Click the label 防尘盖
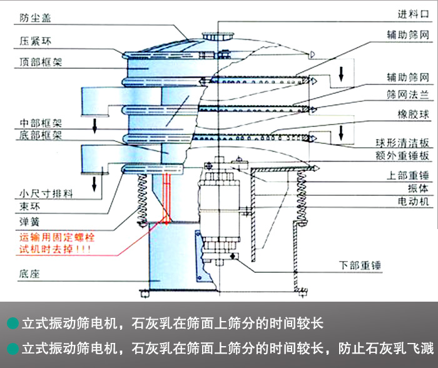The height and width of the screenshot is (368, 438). coord(33,18)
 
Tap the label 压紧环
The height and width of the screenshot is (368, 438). coord(33,41)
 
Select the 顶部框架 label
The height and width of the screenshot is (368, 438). coord(39,62)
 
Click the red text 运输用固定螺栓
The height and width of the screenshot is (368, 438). coord(56,238)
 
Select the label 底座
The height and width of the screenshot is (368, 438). coord(28,273)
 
